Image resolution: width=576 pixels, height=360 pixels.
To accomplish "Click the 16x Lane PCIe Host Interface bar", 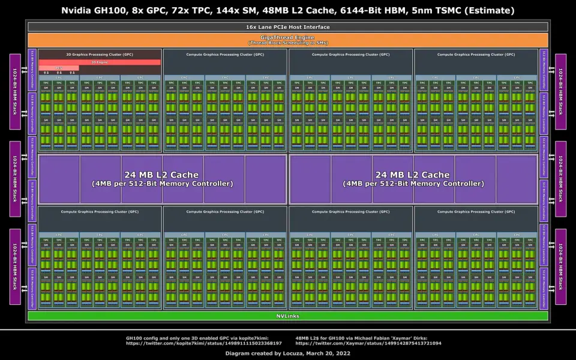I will (x=287, y=27).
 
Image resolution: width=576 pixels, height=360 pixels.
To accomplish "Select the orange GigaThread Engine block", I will (x=287, y=37).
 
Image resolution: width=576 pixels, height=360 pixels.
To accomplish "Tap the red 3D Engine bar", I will (x=100, y=62).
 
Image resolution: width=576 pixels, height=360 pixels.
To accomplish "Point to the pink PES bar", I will (x=59, y=68).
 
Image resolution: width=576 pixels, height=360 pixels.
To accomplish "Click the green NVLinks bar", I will (x=287, y=316).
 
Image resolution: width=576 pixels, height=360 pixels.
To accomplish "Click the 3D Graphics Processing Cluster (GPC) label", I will (x=100, y=54).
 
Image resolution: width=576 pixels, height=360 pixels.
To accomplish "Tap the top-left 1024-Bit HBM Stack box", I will (x=15, y=91).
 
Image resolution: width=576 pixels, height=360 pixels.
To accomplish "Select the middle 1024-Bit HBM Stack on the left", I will (x=15, y=179).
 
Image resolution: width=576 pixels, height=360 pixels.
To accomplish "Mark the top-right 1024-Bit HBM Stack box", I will (x=560, y=91).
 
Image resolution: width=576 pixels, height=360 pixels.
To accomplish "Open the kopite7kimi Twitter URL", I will (x=203, y=343).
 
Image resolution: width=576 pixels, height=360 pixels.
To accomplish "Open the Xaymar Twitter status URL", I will (x=368, y=343).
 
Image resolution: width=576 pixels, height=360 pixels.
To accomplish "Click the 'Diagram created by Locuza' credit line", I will (x=287, y=353).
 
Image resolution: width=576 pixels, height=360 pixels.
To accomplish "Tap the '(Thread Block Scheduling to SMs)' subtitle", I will (x=287, y=43).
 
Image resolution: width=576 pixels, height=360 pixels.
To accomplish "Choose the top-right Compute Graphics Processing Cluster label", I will (x=476, y=54).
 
